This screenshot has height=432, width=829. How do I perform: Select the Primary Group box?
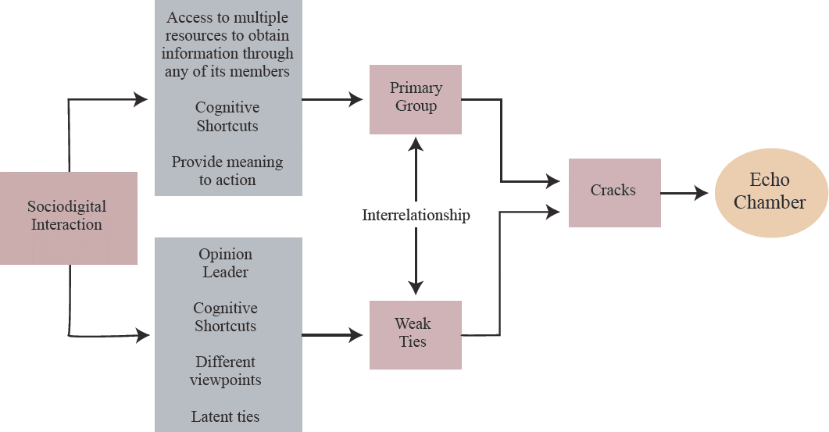[416, 98]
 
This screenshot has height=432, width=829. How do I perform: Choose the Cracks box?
[614, 192]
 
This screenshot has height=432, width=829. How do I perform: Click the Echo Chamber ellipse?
[770, 192]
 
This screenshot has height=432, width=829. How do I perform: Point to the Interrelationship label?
[416, 215]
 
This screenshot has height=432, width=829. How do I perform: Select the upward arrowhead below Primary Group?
[416, 143]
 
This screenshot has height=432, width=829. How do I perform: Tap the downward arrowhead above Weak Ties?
[416, 287]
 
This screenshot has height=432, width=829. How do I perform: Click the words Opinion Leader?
[226, 263]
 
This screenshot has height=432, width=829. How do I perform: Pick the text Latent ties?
[225, 416]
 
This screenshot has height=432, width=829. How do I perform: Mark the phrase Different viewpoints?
[225, 371]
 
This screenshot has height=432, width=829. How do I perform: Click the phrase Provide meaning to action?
[227, 171]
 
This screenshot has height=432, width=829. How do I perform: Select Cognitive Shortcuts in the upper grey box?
[227, 116]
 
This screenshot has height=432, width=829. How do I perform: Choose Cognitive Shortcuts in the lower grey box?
[226, 317]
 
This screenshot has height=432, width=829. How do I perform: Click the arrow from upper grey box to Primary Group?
[332, 99]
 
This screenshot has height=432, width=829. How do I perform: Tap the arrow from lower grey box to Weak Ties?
[332, 334]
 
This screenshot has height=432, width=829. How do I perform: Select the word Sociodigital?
[67, 207]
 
